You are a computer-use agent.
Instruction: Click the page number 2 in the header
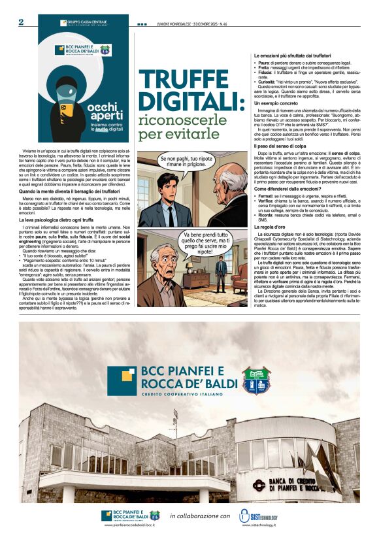(21, 22)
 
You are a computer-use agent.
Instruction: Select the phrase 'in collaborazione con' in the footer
(199, 516)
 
